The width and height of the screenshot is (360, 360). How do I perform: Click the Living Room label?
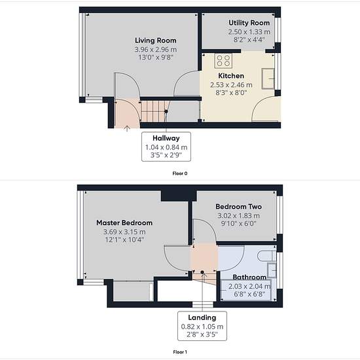155,41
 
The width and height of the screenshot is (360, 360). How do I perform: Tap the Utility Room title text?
249,23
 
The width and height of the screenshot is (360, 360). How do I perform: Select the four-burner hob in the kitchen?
223,61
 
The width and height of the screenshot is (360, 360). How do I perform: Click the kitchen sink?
268,79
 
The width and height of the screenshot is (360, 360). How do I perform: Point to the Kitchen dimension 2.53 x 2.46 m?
231,85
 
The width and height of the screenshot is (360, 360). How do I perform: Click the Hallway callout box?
166,147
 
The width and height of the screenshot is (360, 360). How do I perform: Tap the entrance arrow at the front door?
127,128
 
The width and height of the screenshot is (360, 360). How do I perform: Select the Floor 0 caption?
180,173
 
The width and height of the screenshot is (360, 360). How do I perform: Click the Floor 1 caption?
180,351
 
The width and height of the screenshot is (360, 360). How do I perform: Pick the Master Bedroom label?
124,223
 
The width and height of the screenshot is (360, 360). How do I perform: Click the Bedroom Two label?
238,207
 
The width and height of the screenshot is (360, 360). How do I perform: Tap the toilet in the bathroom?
266,256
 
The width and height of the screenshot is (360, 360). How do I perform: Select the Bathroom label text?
249,277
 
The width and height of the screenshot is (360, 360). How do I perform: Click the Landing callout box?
202,326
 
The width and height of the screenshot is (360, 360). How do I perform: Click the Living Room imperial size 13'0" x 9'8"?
155,57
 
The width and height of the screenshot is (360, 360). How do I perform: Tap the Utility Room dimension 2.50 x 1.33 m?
249,32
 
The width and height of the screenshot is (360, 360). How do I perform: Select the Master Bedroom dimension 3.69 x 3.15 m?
124,232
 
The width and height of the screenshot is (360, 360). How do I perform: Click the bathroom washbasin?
272,270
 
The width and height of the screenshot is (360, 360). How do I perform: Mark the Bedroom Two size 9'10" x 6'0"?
238,223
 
